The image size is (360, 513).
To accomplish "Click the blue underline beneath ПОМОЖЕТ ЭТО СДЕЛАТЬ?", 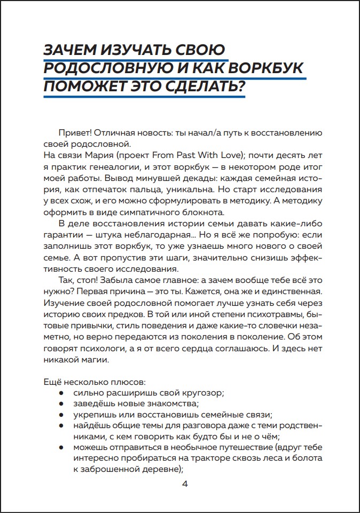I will [144, 98].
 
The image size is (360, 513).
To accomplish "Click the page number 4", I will [185, 485].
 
